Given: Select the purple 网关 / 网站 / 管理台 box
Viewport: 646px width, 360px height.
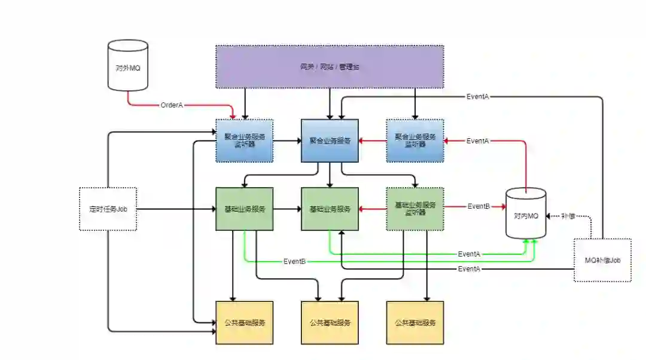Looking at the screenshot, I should pyautogui.click(x=330, y=66).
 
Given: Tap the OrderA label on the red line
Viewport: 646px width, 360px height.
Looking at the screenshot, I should pyautogui.click(x=172, y=105).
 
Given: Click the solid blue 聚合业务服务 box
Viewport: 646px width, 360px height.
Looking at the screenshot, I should pyautogui.click(x=330, y=141).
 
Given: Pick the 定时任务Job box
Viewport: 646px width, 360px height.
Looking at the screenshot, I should pyautogui.click(x=108, y=209).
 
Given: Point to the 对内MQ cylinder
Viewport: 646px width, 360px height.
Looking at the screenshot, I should pyautogui.click(x=526, y=213).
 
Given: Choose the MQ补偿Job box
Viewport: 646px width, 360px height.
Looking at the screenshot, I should pyautogui.click(x=602, y=260).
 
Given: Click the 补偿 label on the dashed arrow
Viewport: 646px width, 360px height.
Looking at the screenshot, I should pyautogui.click(x=569, y=215).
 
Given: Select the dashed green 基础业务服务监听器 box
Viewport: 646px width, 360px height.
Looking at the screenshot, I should pyautogui.click(x=415, y=209).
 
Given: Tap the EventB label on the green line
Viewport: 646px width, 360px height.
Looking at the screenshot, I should pyautogui.click(x=295, y=261).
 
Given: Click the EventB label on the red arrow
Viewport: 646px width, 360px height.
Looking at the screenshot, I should pyautogui.click(x=479, y=206).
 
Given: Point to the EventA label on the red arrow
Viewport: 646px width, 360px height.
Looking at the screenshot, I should pyautogui.click(x=477, y=141).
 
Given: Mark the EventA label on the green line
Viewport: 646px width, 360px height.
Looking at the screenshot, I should pyautogui.click(x=468, y=254).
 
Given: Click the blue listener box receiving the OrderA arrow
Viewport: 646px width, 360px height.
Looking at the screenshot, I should pyautogui.click(x=245, y=141).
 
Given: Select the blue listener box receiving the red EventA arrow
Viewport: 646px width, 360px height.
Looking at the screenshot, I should pyautogui.click(x=415, y=141).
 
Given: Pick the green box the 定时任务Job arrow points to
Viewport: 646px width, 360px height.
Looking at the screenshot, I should pyautogui.click(x=245, y=209).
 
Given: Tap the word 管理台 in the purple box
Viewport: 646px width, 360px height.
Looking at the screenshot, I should pyautogui.click(x=349, y=66).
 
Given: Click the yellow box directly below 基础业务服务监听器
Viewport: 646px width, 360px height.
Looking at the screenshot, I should pyautogui.click(x=415, y=323).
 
